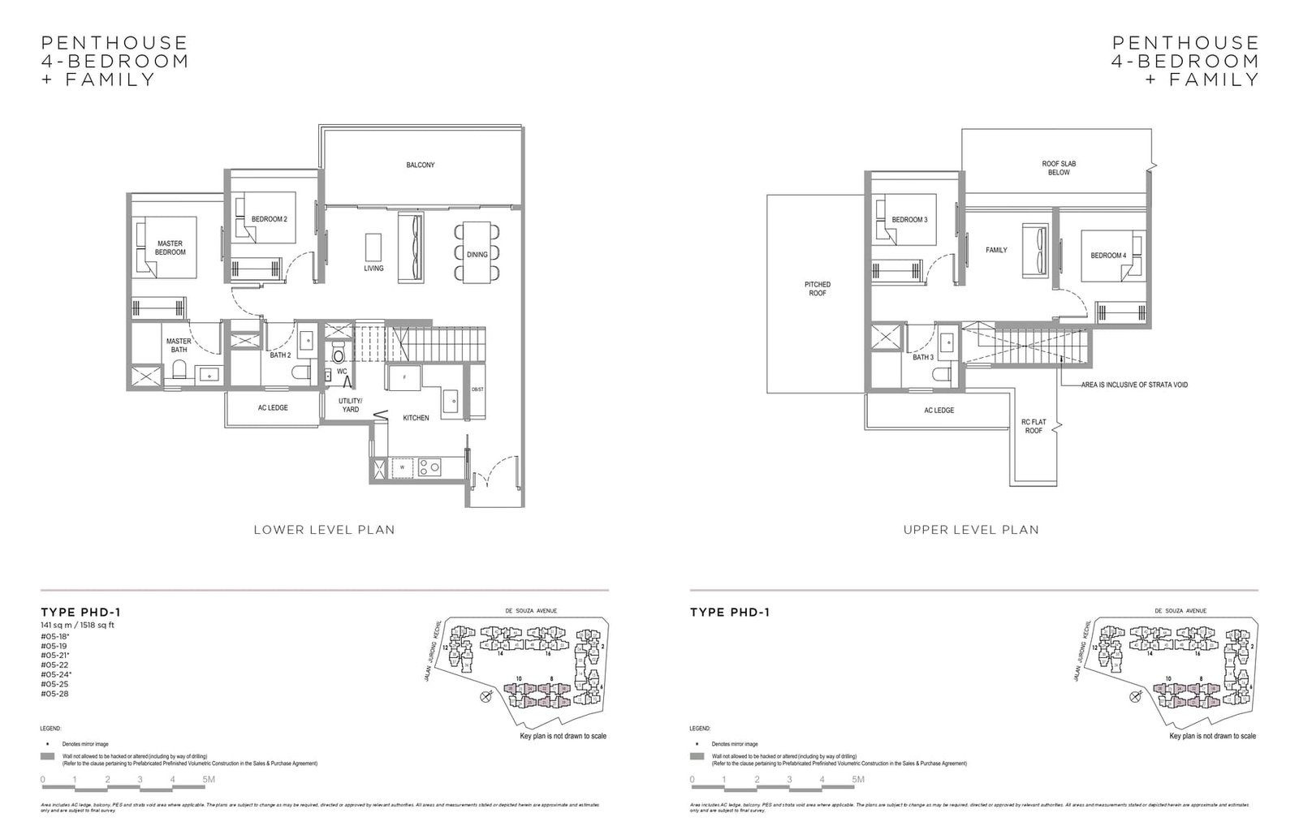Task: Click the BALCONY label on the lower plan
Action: (x=421, y=166)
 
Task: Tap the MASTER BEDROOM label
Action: (x=170, y=248)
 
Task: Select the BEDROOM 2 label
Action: (x=269, y=219)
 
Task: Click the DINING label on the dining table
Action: (x=477, y=255)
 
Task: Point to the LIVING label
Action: (x=373, y=269)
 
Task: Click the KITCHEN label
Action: (x=416, y=418)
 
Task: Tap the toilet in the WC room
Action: (x=339, y=355)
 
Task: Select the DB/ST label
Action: (x=477, y=389)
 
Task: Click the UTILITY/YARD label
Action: (x=351, y=406)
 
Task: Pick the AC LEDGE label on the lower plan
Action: (x=273, y=408)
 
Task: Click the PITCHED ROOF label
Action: (x=818, y=289)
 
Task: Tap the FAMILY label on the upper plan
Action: (x=996, y=250)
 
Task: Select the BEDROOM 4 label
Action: (x=1108, y=256)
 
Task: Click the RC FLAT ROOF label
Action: (x=1034, y=427)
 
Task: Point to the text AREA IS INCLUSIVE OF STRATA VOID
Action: (x=1134, y=385)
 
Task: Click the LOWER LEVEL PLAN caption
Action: (x=324, y=530)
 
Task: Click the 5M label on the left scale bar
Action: (x=209, y=780)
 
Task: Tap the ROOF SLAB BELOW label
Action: (x=1059, y=168)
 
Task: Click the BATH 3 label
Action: (x=923, y=357)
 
